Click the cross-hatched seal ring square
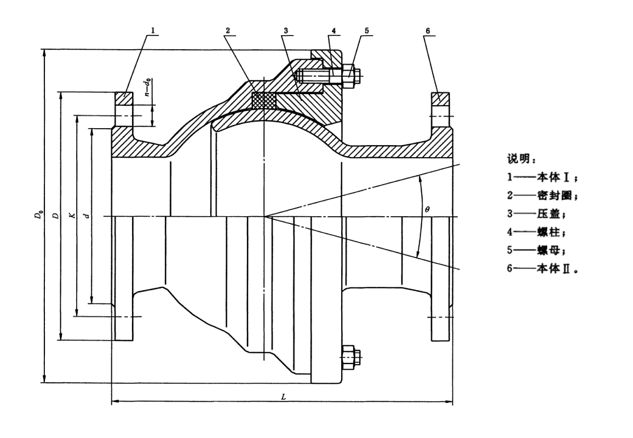[263, 100]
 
